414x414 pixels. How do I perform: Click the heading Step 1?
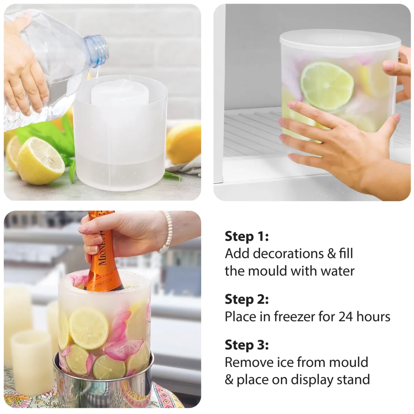[247, 236]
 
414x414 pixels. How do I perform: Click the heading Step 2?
[247, 299]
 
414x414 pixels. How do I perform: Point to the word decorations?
[288, 254]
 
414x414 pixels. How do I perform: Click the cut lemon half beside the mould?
[41, 161]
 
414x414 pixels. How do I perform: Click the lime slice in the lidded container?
[327, 86]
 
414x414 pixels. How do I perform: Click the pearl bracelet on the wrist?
[167, 232]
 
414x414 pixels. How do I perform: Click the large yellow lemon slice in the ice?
[88, 325]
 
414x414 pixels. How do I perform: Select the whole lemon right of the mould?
[184, 143]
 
